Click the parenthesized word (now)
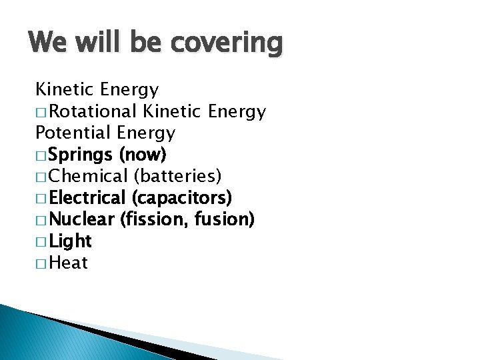tap(142, 155)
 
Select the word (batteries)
tap(178, 177)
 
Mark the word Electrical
tap(87, 198)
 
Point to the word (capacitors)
tap(182, 198)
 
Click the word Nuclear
tap(82, 219)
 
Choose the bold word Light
tap(70, 241)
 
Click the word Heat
tap(69, 263)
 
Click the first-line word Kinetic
tap(63, 89)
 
